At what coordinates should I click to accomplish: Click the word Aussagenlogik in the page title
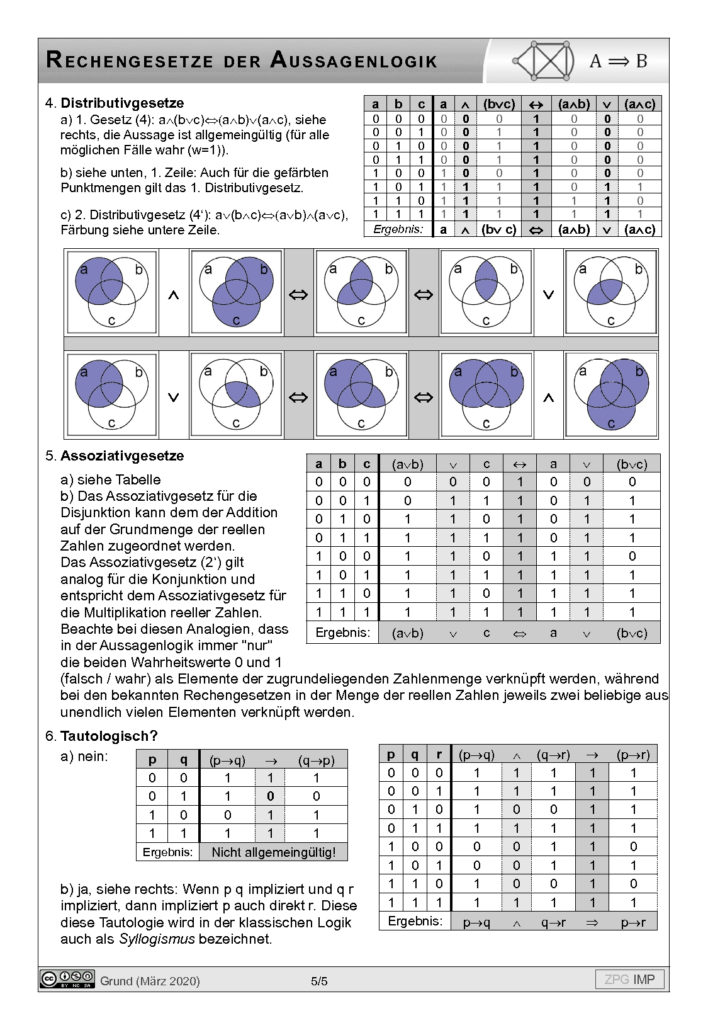(354, 60)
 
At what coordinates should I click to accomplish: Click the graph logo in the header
(544, 61)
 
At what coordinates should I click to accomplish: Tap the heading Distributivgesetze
(122, 103)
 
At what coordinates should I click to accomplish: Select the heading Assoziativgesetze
(122, 455)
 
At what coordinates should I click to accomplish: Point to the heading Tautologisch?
(109, 736)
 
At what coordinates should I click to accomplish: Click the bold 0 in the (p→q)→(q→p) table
(270, 796)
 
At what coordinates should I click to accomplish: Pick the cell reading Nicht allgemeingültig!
(273, 852)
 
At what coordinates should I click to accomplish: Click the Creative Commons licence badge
(67, 979)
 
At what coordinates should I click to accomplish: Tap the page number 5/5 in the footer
(319, 981)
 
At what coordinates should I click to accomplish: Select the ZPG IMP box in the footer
(629, 979)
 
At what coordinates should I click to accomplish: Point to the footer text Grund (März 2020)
(150, 981)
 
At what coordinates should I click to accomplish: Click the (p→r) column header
(633, 754)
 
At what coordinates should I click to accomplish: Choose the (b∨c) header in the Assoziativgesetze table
(632, 464)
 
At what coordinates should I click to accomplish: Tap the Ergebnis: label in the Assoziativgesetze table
(343, 632)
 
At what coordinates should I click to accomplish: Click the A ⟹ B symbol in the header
(618, 61)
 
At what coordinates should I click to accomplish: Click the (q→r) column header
(553, 754)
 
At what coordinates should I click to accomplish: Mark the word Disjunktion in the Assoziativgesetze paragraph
(96, 512)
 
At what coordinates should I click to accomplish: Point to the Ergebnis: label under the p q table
(167, 852)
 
